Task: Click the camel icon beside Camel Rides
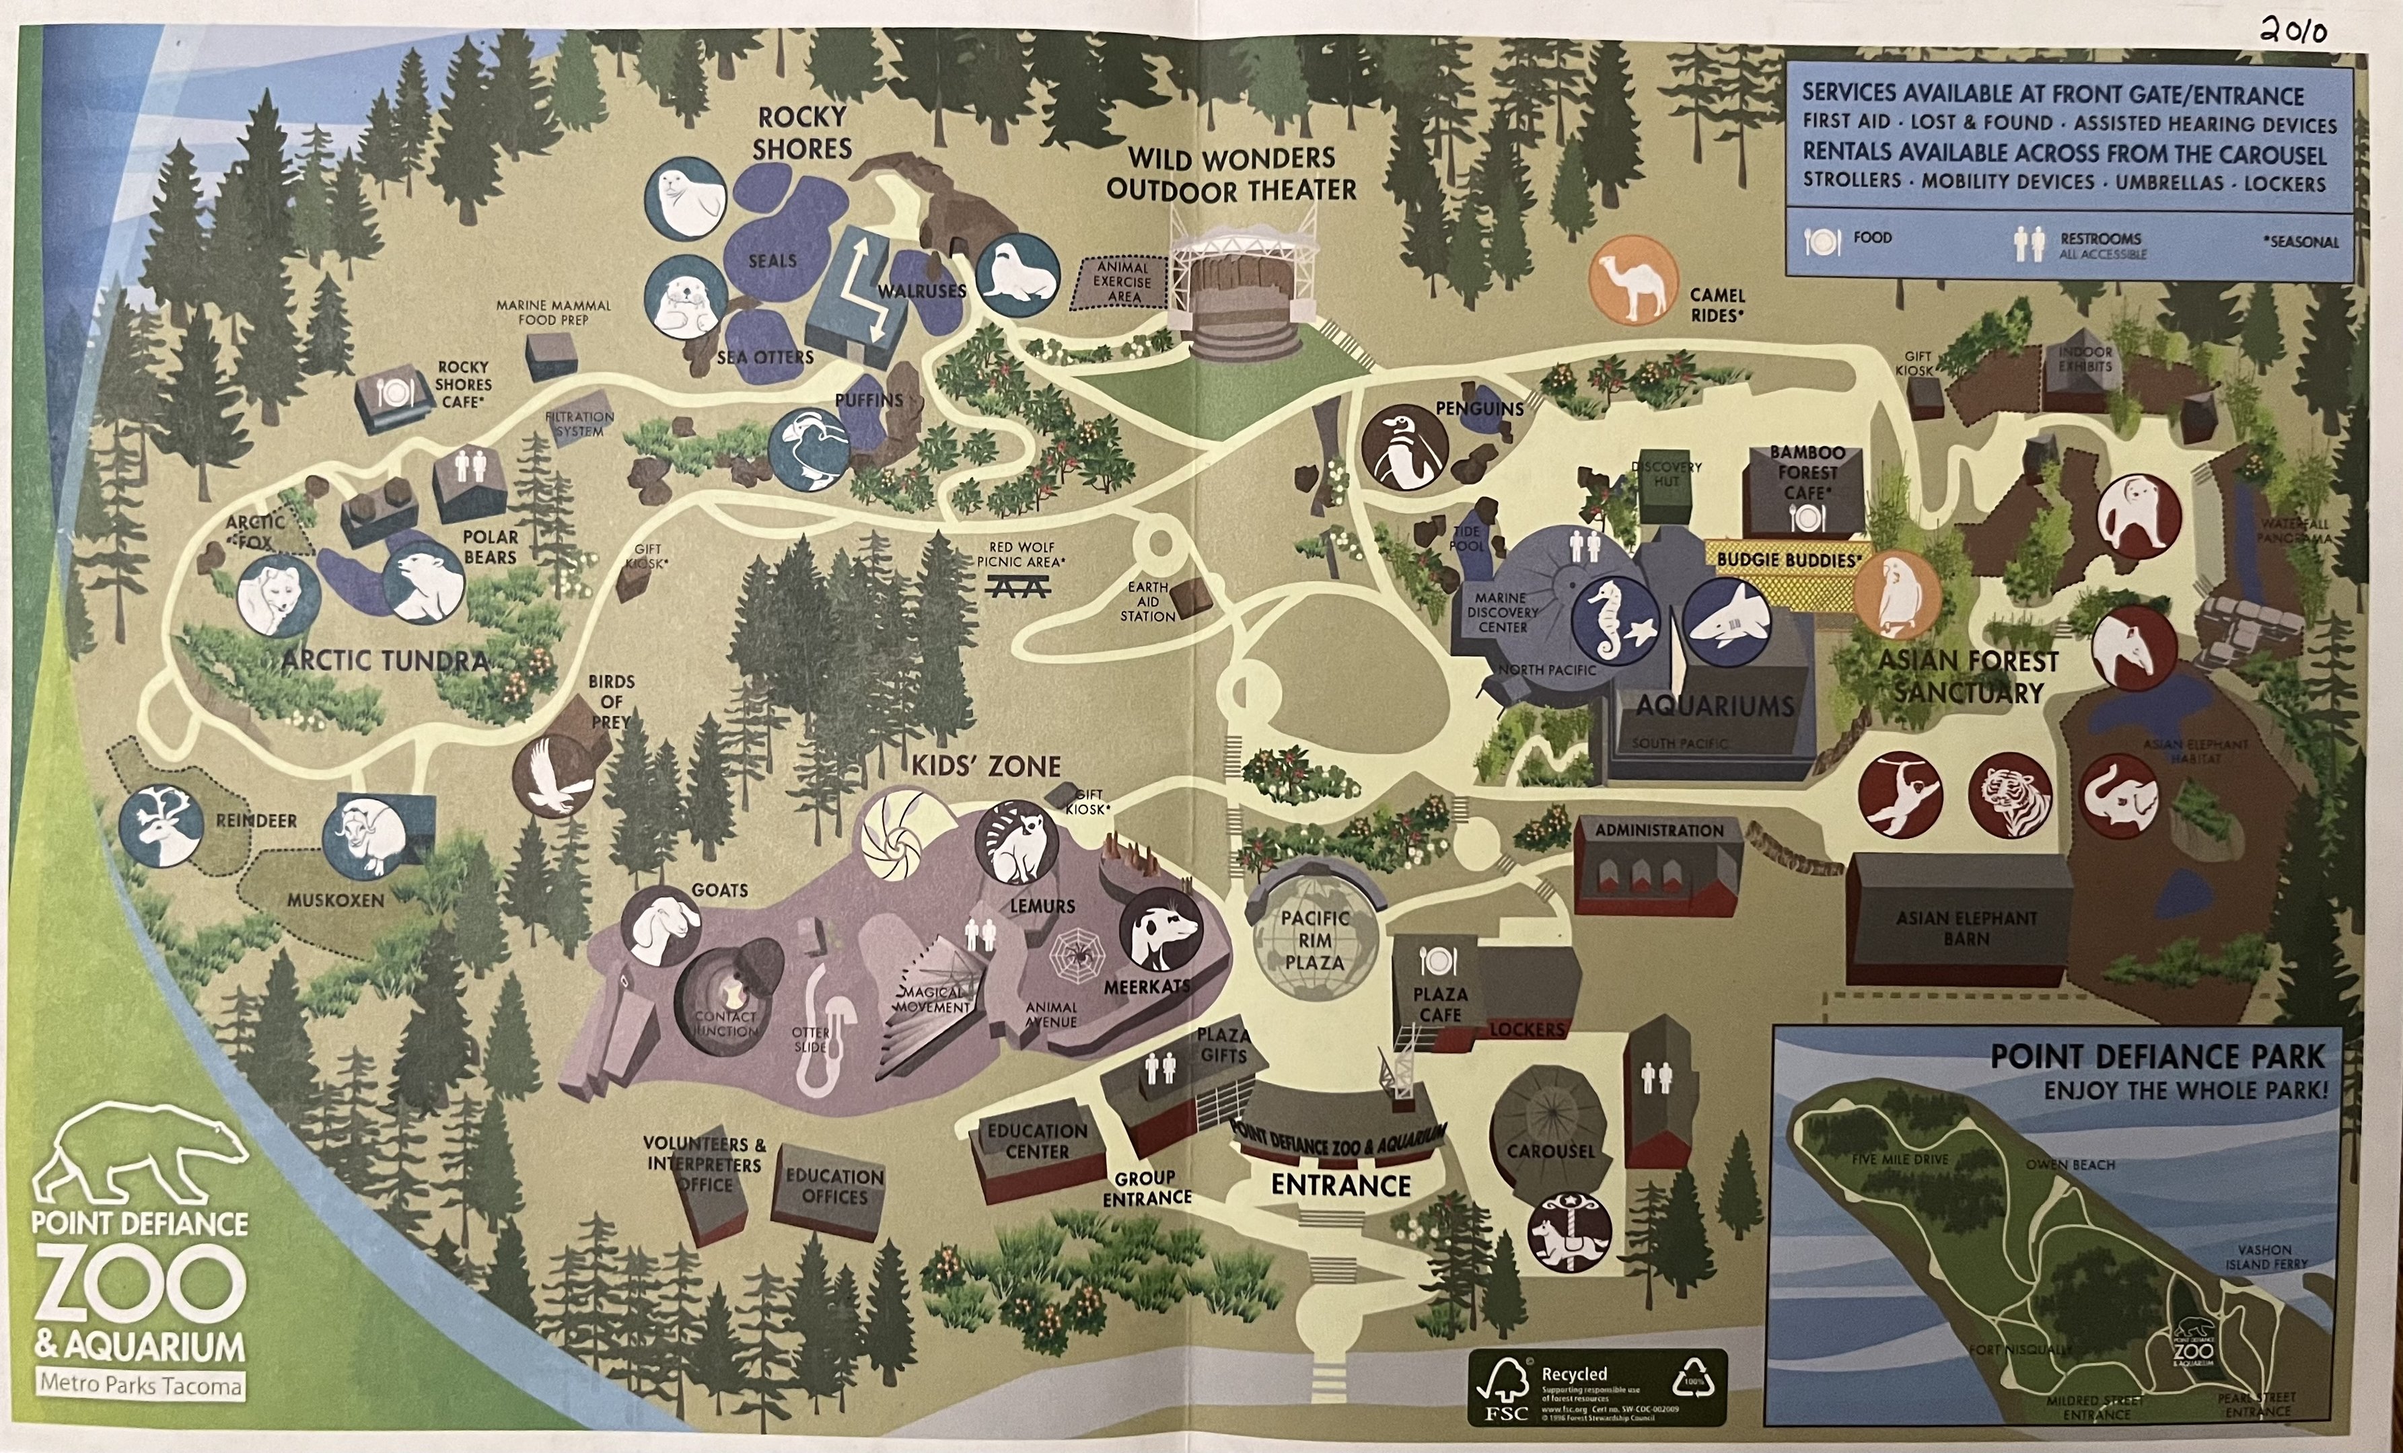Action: point(1633,279)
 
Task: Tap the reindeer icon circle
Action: point(161,825)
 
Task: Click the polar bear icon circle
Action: point(423,582)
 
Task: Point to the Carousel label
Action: point(1550,1151)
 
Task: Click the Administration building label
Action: point(1659,831)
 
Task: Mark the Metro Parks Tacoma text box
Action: point(141,1385)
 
